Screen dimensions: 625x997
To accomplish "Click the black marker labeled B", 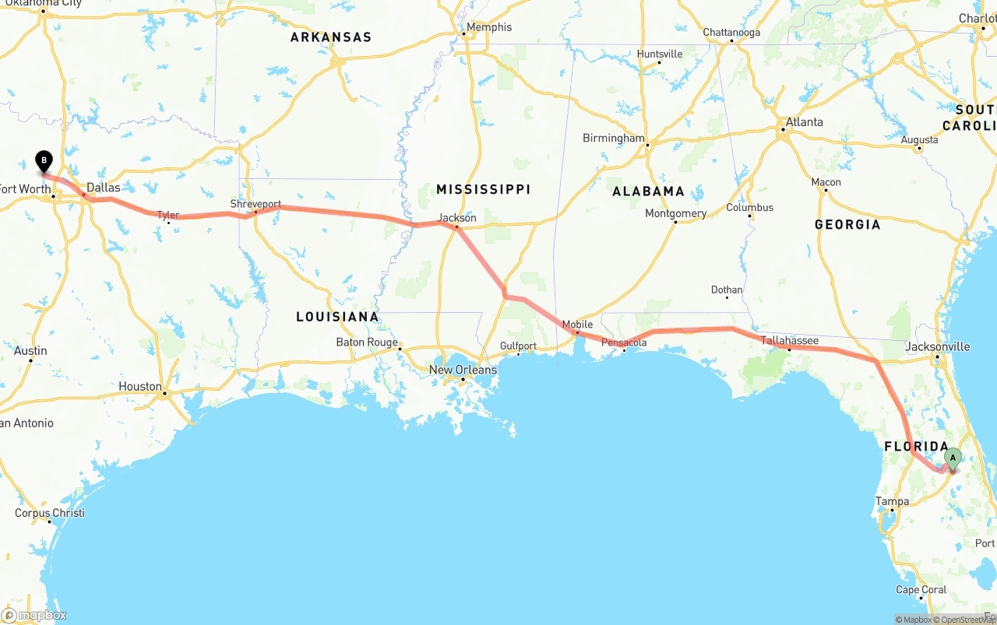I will click(44, 161).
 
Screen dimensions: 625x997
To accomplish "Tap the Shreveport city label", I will click(255, 204).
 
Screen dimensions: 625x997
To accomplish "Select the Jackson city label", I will click(457, 218).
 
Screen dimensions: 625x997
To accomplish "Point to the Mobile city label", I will click(577, 325).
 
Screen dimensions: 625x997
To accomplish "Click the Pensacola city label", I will click(624, 342).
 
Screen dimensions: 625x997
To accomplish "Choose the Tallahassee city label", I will click(789, 340).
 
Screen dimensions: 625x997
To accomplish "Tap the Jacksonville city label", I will click(938, 346).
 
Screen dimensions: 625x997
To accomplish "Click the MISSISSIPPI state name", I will click(483, 189).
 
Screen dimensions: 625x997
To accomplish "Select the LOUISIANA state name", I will click(337, 317).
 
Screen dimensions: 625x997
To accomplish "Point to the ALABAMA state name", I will click(648, 191).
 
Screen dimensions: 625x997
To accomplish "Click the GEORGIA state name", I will click(847, 224).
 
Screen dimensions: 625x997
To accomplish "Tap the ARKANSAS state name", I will click(331, 37).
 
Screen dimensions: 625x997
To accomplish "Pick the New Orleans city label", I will click(463, 370).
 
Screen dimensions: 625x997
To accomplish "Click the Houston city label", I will click(140, 386).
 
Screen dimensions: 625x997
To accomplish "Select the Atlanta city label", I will click(804, 121).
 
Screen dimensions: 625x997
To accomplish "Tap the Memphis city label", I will click(488, 27).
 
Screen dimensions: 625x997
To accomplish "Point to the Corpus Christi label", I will click(50, 513).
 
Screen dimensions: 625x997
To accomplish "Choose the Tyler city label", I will click(168, 215).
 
